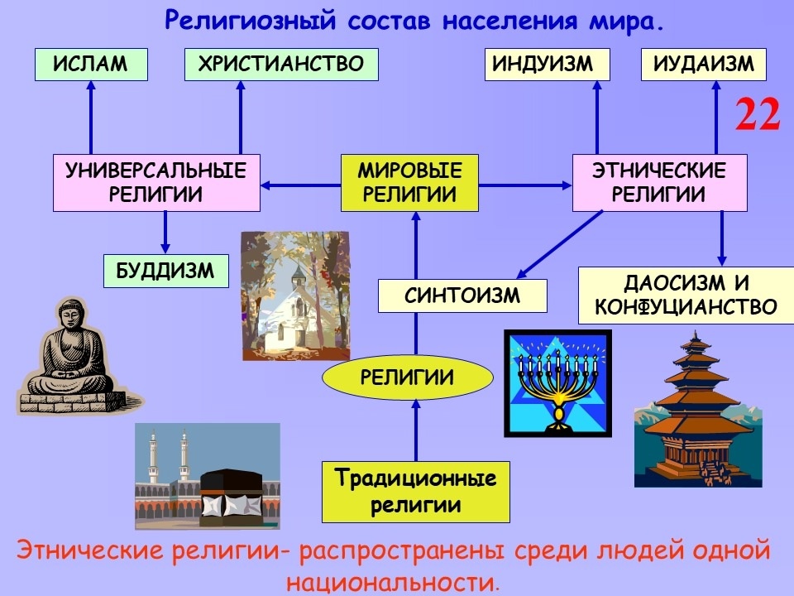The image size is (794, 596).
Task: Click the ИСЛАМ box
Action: pos(91,65)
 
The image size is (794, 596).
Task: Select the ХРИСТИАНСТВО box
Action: pos(281,65)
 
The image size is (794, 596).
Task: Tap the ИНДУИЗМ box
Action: pos(547,65)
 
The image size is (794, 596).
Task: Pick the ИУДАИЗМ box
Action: pos(703,65)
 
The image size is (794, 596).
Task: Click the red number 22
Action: pos(758,115)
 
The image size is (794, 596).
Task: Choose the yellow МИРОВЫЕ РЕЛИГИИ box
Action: pos(410,184)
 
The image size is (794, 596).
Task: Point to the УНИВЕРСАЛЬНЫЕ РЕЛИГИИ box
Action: pos(156,183)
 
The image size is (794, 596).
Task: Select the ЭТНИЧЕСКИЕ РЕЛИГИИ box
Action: pos(659,183)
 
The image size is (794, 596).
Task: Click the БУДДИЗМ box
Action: pos(166,271)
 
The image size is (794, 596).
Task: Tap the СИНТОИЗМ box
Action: pos(462,296)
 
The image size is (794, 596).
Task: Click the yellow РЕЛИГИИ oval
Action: pos(407,378)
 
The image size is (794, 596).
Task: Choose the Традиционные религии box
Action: pos(415,492)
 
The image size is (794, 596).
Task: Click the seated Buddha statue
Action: pos(70,356)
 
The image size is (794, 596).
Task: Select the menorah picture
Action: pos(557,382)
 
